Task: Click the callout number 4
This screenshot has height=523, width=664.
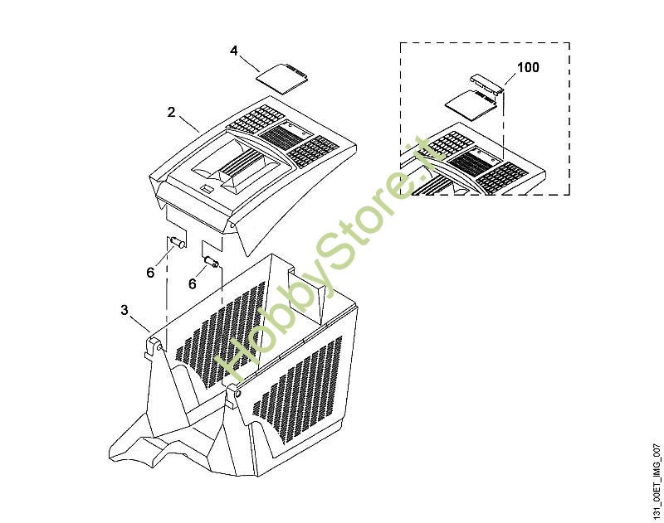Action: click(234, 51)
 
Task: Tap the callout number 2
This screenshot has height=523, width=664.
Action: click(171, 112)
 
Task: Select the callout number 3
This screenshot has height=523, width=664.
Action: click(124, 310)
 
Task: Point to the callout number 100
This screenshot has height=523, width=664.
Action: click(528, 67)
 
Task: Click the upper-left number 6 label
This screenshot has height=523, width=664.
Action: click(150, 273)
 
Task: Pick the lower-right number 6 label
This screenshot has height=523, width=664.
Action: click(193, 283)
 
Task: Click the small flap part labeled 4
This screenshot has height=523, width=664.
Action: click(281, 78)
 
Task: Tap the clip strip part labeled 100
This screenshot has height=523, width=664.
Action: click(486, 83)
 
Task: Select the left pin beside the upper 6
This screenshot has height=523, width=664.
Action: click(177, 243)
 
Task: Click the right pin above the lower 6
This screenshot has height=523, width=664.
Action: click(211, 262)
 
